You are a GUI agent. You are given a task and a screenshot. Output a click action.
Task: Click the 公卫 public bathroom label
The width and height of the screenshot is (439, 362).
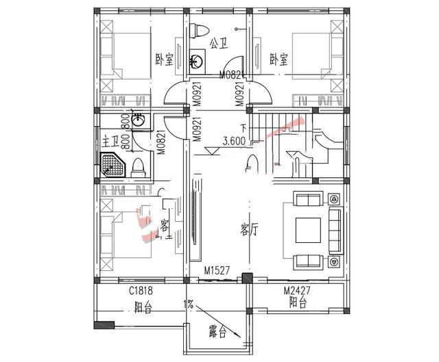point(219,43)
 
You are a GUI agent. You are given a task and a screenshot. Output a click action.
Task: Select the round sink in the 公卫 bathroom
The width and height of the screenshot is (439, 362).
point(198,62)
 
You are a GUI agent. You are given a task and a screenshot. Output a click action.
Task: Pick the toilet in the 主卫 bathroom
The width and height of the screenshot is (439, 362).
point(137,166)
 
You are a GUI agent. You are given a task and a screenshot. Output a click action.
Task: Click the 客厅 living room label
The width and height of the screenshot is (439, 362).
point(250,229)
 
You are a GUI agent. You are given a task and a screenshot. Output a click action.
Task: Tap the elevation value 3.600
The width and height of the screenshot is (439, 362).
point(235,142)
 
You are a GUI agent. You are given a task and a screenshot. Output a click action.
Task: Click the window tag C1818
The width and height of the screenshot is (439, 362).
point(141,291)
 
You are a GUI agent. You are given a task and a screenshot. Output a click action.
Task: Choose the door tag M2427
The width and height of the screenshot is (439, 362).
point(298,291)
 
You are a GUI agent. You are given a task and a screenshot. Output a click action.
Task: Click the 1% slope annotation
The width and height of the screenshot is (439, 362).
point(188,303)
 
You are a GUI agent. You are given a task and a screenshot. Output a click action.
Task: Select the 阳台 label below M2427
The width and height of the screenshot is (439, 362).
point(298,301)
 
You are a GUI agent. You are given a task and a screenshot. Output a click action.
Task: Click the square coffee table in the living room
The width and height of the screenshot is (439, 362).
point(307,230)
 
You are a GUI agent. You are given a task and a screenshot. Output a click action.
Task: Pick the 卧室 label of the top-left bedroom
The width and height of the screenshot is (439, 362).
point(165,59)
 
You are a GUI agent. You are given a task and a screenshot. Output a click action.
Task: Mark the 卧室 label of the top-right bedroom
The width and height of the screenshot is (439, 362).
point(278,59)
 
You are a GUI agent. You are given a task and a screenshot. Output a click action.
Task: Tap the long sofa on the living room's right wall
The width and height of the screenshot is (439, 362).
point(335,230)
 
